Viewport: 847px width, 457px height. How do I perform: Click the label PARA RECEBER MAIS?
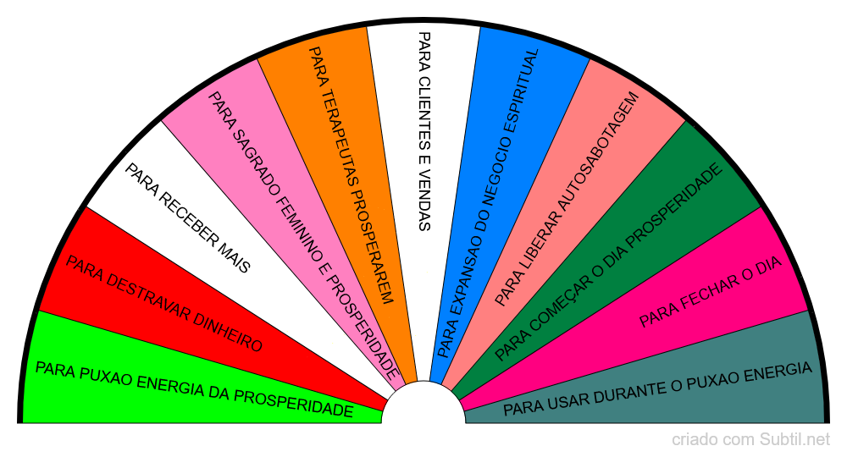[187, 218]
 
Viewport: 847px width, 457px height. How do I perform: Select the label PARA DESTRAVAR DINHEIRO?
[163, 304]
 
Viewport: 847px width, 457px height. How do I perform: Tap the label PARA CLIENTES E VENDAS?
[424, 131]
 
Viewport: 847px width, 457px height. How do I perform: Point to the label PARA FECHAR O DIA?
[711, 292]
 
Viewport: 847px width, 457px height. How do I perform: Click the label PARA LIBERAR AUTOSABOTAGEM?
[567, 199]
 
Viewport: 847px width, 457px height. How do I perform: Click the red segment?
[178, 302]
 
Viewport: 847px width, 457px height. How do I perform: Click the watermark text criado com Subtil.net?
[750, 440]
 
